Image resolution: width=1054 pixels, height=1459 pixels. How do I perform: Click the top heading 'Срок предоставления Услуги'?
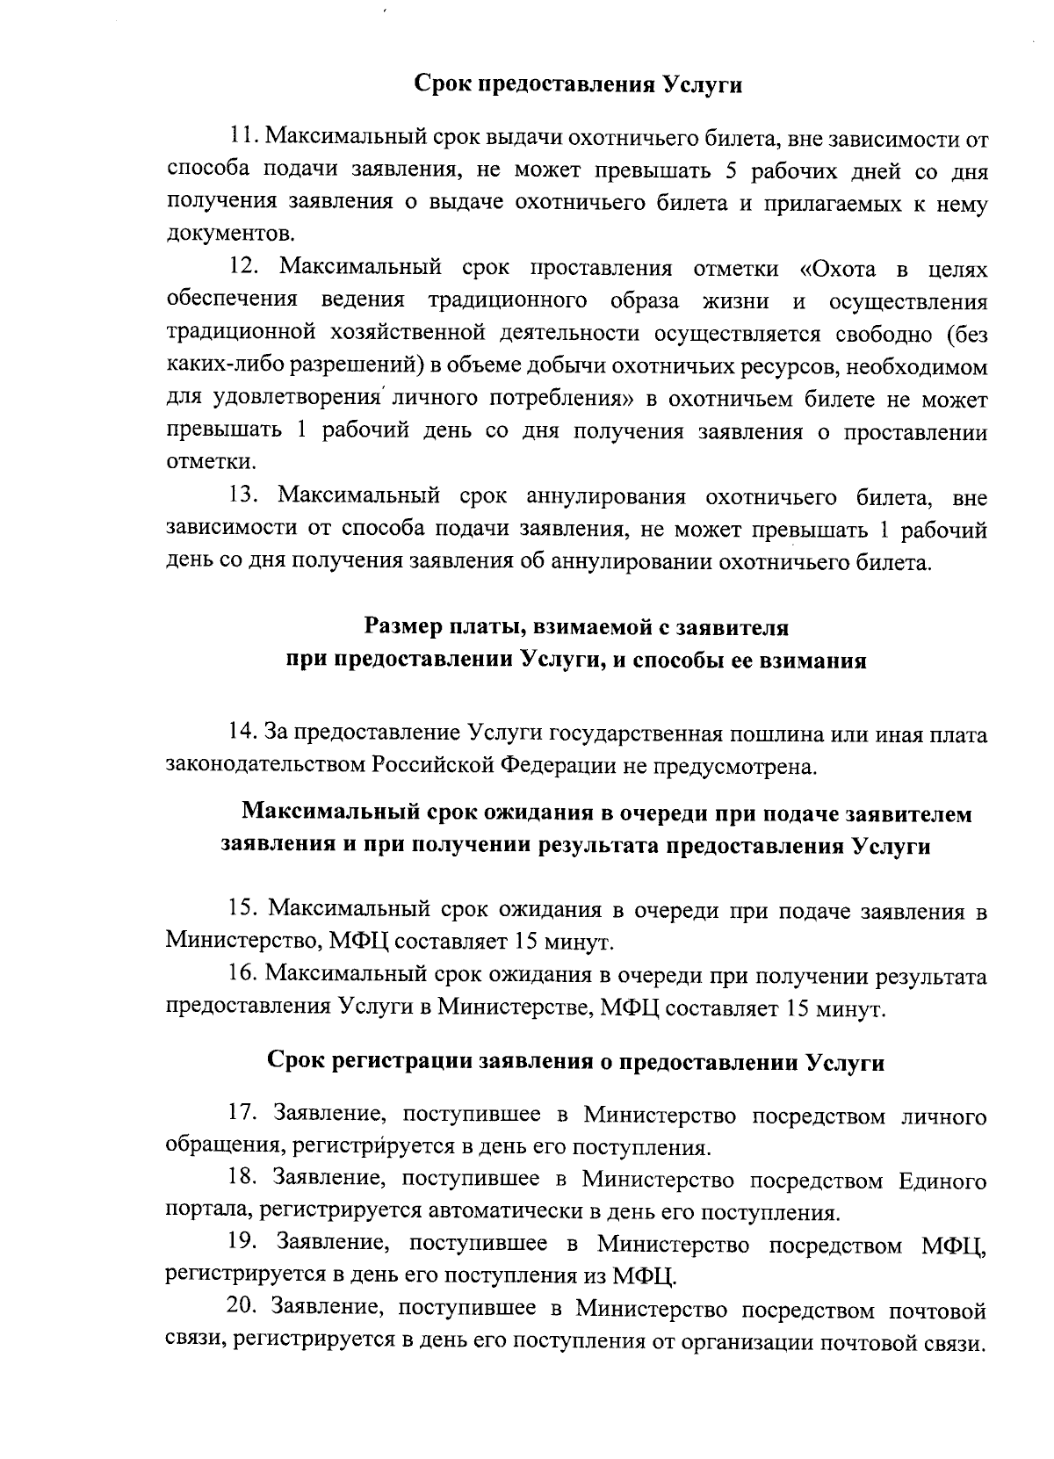click(578, 85)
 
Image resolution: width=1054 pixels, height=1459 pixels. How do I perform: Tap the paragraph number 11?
click(242, 137)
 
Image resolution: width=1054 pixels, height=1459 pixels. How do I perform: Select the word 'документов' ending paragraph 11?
click(229, 235)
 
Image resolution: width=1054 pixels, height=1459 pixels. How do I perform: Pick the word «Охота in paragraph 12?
click(842, 267)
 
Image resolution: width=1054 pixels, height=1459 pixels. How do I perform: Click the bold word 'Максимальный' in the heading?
click(332, 813)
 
